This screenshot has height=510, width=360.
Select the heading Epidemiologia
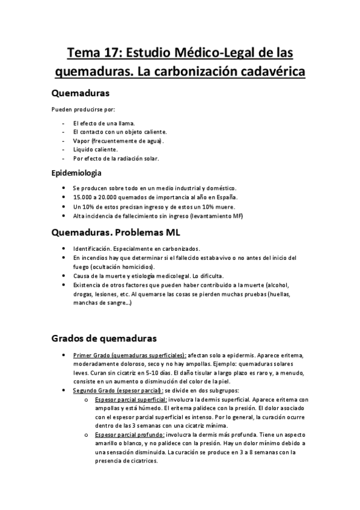point(79,174)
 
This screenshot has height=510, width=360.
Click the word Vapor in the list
point(81,141)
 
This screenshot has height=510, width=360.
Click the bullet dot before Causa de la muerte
point(64,276)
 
